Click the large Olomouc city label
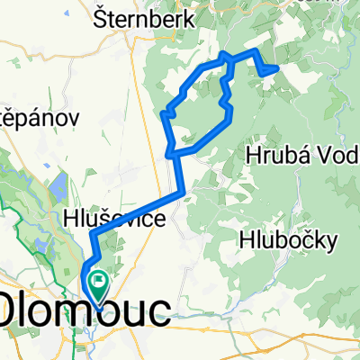click(x=86, y=310)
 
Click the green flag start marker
click(x=96, y=287)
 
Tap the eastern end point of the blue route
click(x=277, y=67)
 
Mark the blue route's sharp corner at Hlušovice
click(x=92, y=235)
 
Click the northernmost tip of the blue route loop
click(x=225, y=55)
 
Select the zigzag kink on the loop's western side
click(x=166, y=113)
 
